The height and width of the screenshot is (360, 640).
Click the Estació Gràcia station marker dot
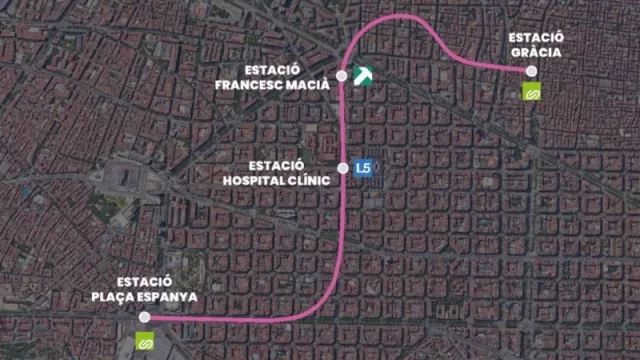pos(532,71)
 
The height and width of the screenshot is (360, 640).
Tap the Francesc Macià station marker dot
pos(342,76)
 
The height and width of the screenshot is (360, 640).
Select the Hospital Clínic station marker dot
pos(342,168)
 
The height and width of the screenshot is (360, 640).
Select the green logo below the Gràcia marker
pos(532,91)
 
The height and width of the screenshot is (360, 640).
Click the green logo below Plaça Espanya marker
pos(144,341)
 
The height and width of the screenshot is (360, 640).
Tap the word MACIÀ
pos(309,85)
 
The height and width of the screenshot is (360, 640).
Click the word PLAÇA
pos(118,297)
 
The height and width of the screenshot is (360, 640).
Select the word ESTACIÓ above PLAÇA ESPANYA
pos(145,281)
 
